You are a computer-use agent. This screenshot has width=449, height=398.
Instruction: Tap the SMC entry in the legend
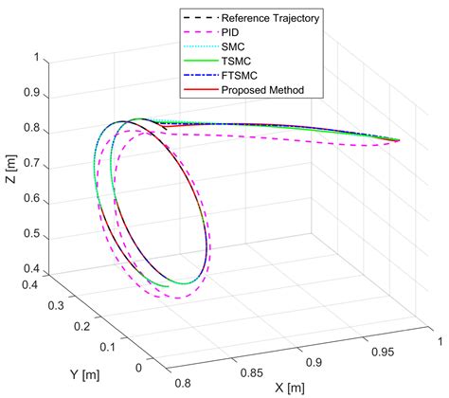pos(231,46)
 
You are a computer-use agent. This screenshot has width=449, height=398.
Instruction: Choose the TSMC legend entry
pos(234,62)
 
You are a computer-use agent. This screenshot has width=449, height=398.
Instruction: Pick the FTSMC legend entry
pos(237,76)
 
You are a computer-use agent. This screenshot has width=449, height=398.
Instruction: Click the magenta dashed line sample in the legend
pos(197,32)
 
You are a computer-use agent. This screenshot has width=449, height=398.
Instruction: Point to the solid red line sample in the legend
pos(197,91)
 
